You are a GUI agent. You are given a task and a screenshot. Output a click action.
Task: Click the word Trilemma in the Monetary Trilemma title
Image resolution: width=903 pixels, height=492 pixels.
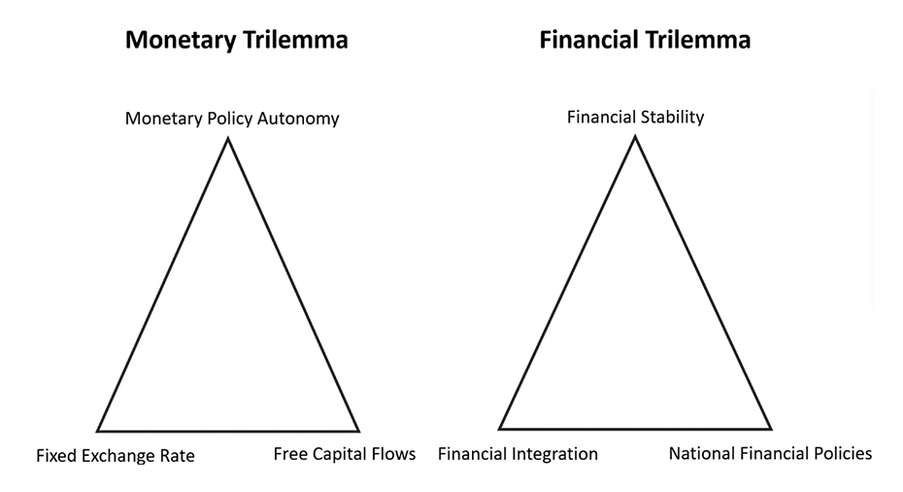point(295,40)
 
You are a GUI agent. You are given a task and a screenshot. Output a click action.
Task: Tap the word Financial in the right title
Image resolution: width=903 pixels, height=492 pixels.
point(588,40)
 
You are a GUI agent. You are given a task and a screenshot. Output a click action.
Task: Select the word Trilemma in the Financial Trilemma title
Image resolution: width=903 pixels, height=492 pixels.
point(697,40)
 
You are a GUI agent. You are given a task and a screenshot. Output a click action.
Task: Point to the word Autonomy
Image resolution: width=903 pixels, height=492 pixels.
point(298,119)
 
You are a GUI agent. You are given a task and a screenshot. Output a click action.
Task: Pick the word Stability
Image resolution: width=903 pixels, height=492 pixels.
point(672,118)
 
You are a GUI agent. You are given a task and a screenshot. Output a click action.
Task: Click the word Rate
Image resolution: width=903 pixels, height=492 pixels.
point(182,456)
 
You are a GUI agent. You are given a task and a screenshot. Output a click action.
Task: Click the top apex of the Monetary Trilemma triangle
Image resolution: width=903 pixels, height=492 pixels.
point(228,138)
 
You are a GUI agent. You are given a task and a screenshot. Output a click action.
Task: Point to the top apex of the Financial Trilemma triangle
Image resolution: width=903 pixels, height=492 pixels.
point(635,137)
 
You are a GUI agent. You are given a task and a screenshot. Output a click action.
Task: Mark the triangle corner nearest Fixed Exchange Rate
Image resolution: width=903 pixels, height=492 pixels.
point(98,431)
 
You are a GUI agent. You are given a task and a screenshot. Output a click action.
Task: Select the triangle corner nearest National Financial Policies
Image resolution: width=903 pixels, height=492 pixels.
point(771,429)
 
